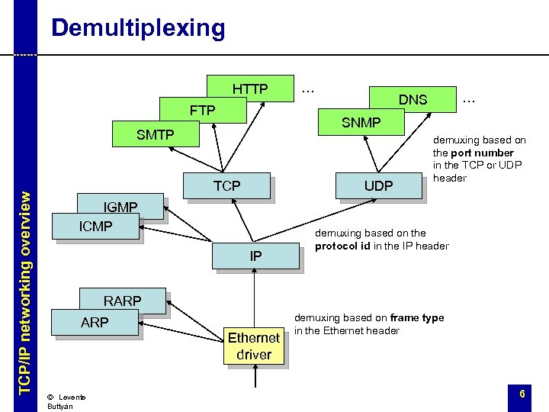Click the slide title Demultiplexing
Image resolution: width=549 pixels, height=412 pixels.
138,28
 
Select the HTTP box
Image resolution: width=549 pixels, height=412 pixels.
250,89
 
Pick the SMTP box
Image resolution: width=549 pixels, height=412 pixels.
155,135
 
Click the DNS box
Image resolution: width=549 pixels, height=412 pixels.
413,99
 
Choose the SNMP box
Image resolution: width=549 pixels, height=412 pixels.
361,122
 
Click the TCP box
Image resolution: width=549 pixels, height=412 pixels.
226,185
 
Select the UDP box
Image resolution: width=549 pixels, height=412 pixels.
378,185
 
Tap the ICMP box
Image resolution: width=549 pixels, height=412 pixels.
96,227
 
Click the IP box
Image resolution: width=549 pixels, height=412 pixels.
255,256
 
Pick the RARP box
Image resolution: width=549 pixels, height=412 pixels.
122,301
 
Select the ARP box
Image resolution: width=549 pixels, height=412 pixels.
95,322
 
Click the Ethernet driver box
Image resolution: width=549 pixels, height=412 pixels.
254,346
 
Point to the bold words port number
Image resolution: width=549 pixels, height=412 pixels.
486,153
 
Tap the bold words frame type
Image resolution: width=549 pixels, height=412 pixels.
416,318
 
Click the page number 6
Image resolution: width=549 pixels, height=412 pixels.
522,394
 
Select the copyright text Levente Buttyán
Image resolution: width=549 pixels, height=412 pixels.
67,401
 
